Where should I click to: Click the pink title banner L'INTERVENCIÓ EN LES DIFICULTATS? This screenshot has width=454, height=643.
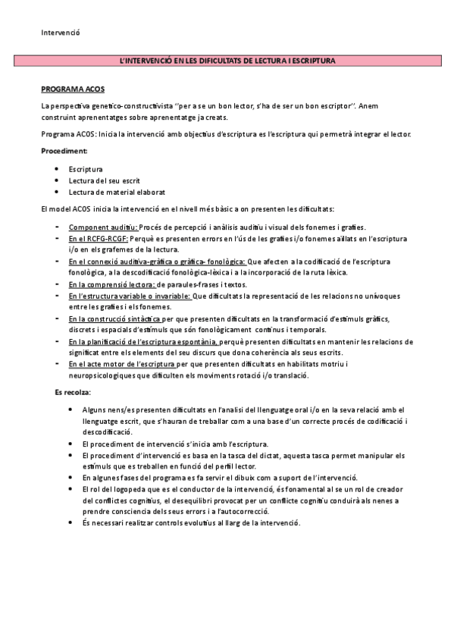(x=226, y=60)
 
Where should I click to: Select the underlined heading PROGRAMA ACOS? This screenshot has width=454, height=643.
(x=73, y=89)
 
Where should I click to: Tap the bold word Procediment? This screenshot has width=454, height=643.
(x=65, y=151)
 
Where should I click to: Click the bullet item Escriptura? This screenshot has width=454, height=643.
(x=86, y=168)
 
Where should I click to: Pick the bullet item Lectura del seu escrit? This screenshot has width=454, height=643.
(x=106, y=180)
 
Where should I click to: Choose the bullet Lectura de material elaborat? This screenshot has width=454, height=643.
(x=117, y=193)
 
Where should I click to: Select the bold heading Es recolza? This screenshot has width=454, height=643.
(x=73, y=392)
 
